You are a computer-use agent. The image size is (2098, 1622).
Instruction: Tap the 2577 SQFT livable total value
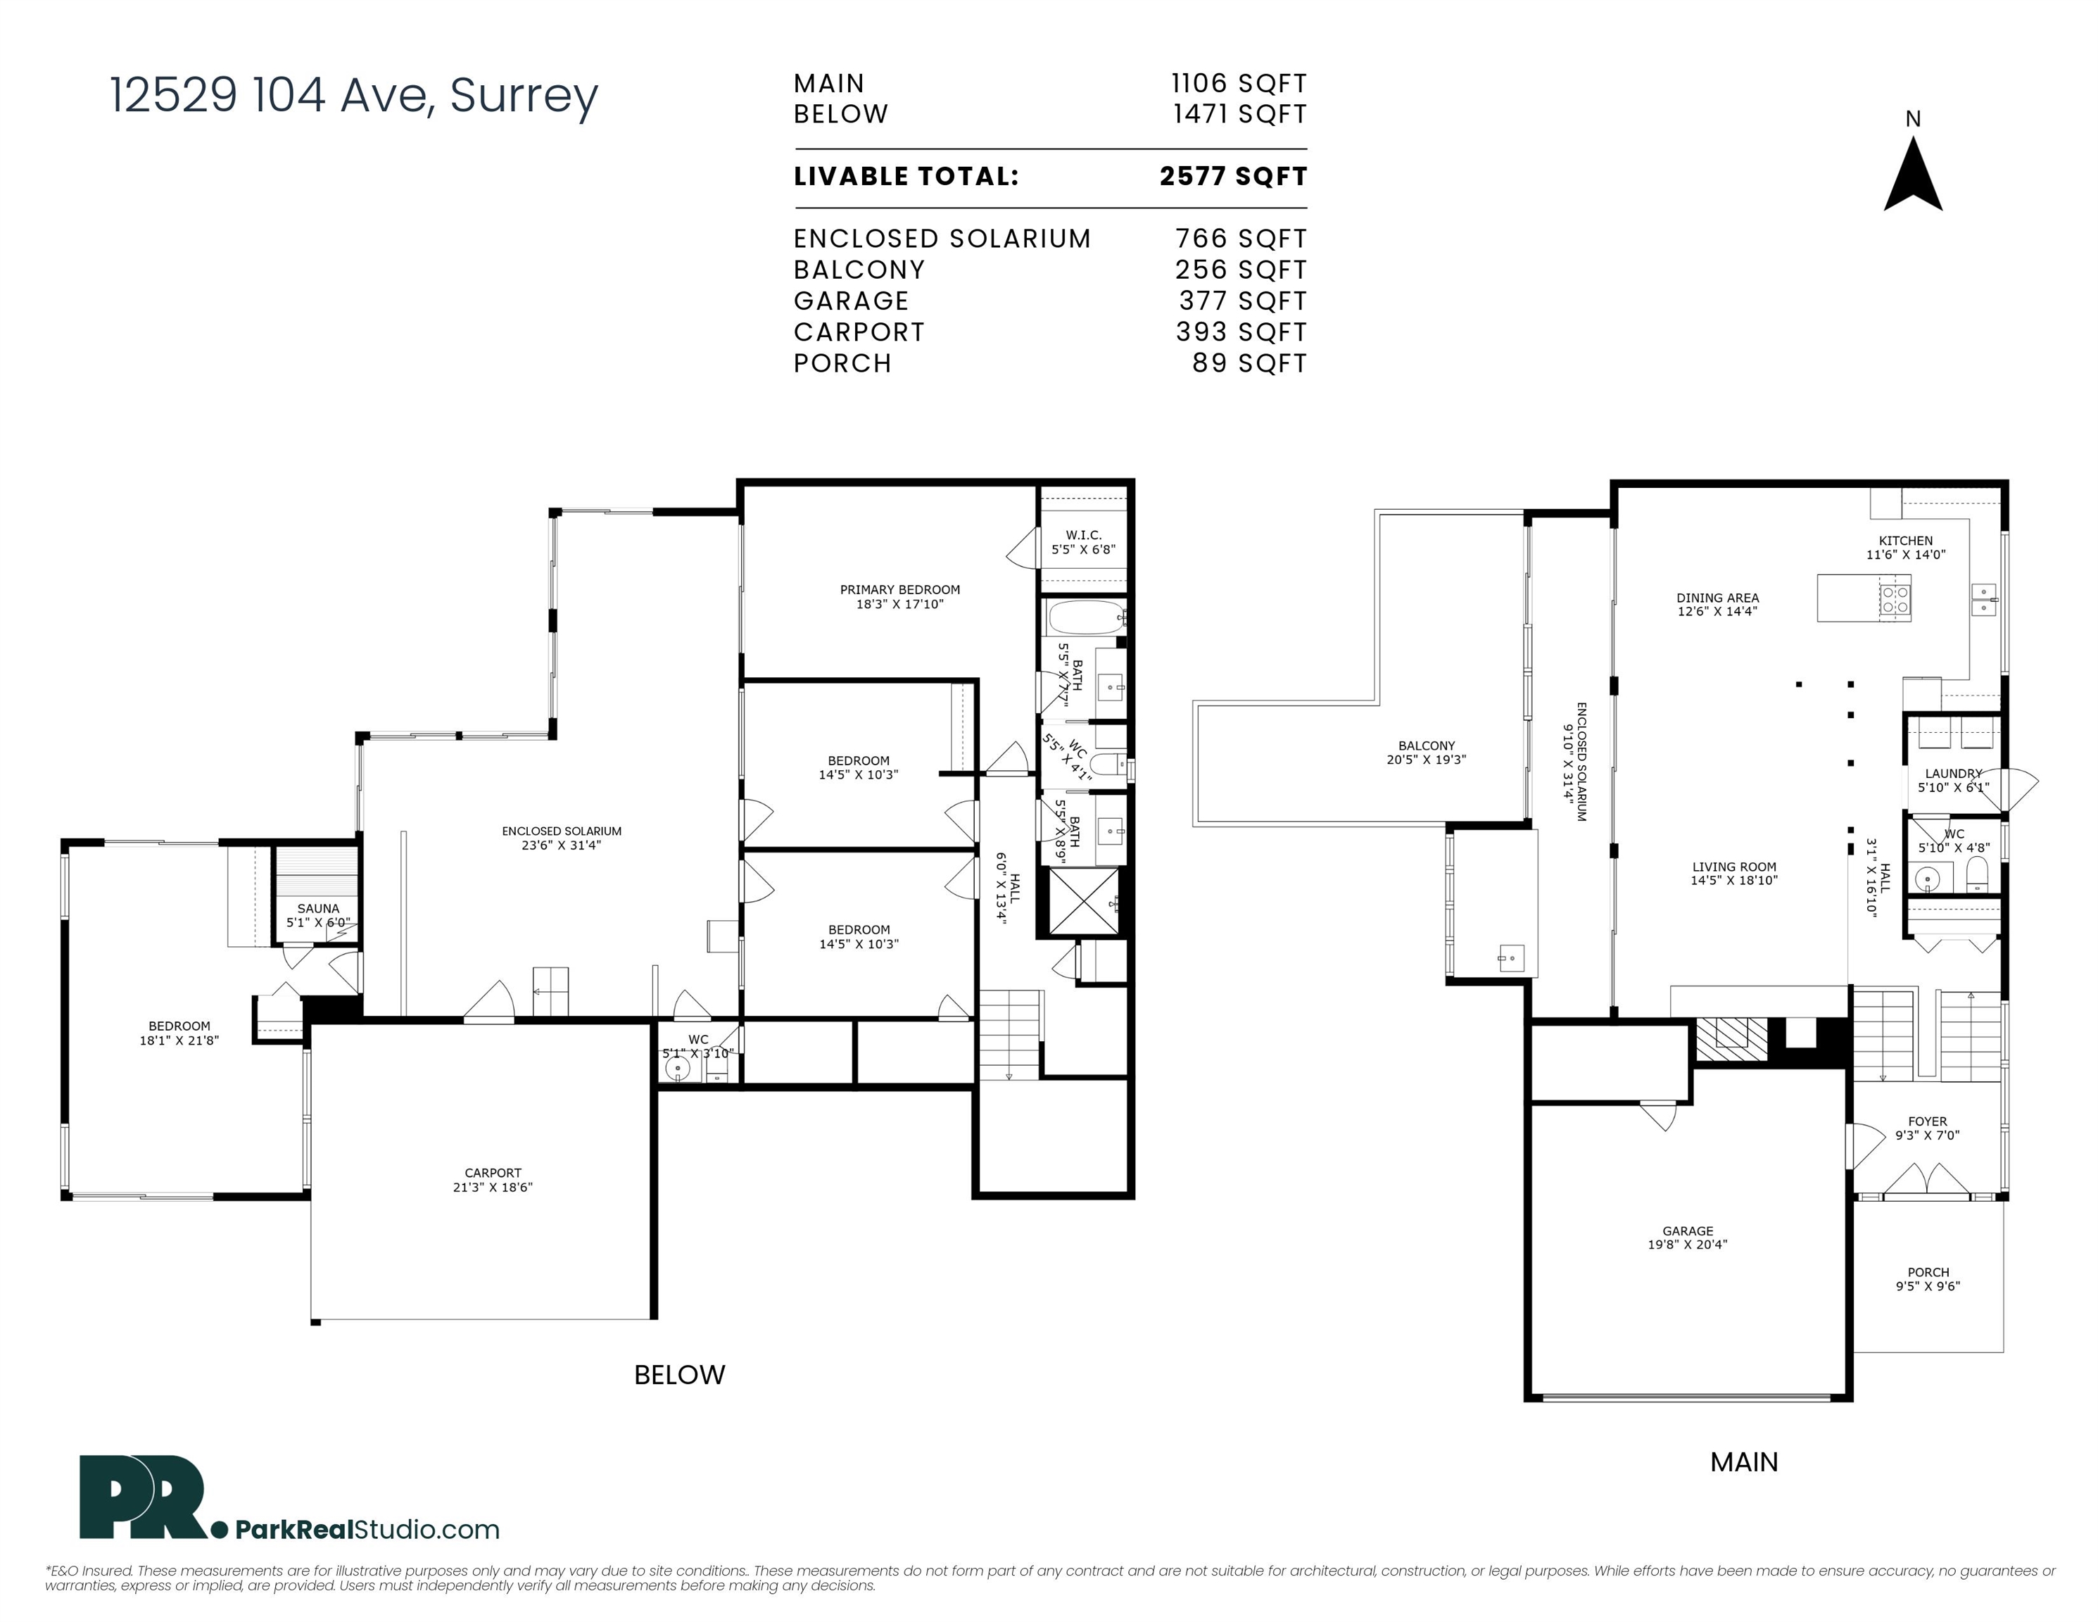[1234, 177]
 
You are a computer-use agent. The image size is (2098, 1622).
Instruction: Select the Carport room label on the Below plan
[493, 1180]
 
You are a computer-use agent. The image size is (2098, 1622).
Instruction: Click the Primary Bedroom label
[900, 597]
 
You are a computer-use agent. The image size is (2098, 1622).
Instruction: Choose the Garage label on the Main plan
[1688, 1238]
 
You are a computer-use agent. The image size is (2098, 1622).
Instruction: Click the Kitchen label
[1906, 548]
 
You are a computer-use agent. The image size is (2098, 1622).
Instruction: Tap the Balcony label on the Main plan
[1427, 753]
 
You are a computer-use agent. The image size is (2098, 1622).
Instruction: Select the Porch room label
[1928, 1279]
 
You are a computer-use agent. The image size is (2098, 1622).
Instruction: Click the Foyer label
[1928, 1128]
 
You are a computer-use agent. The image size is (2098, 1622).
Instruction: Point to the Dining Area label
[1717, 605]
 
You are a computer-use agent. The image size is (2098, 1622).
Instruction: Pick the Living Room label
[1734, 874]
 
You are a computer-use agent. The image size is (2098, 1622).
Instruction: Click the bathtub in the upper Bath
[1085, 616]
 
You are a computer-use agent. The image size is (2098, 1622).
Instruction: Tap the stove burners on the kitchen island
[1895, 600]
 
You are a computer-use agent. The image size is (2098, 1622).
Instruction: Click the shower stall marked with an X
[1084, 901]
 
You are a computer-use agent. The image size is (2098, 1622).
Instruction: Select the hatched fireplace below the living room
[1731, 1038]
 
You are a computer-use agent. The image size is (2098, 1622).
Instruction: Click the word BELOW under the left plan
[679, 1375]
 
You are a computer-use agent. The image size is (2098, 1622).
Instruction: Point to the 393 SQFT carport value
[1241, 332]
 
